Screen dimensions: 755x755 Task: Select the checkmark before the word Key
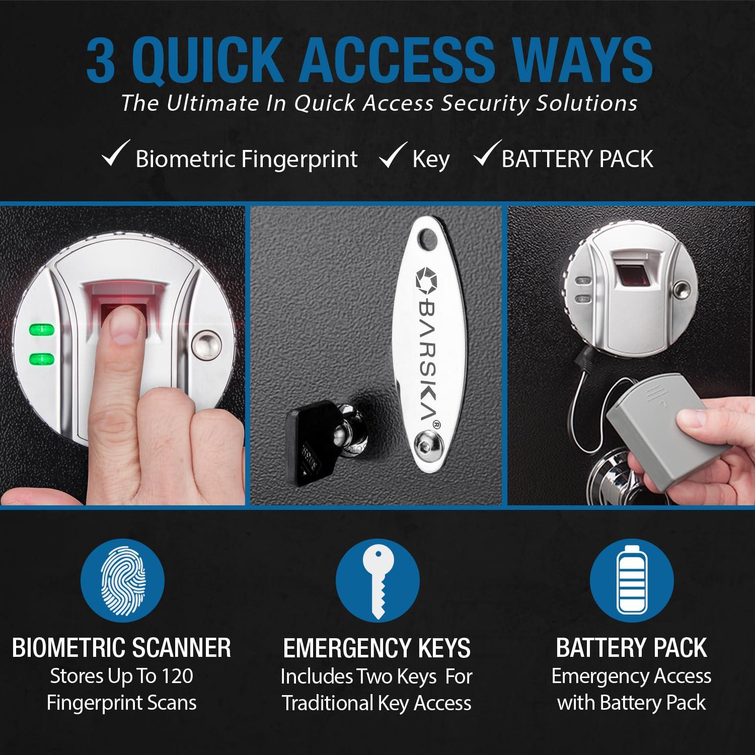click(393, 155)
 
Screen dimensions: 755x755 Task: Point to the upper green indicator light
click(42, 331)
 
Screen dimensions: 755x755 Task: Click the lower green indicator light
click(42, 359)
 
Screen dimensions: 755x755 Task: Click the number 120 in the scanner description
click(177, 676)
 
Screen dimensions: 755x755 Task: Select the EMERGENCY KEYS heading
click(377, 648)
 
